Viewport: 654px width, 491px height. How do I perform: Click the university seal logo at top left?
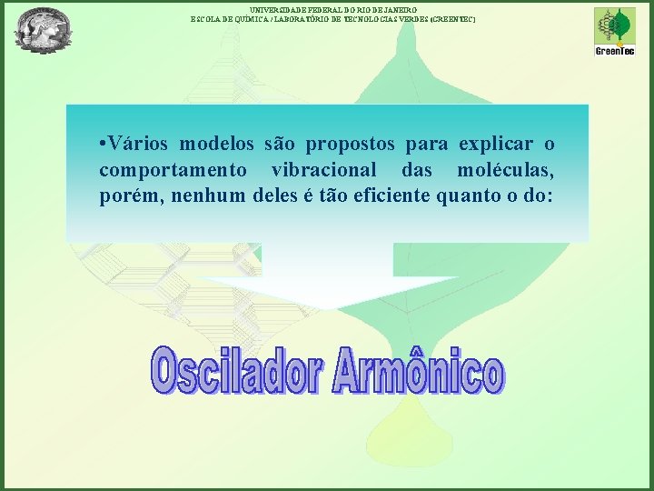pos(43,29)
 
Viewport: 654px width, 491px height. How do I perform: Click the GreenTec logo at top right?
pos(614,31)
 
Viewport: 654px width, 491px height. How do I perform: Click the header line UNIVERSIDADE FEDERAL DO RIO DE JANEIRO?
pos(332,8)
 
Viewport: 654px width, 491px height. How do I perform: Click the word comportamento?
pos(172,170)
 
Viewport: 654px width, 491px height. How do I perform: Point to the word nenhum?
pos(196,195)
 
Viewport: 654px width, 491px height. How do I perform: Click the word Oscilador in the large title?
pos(236,371)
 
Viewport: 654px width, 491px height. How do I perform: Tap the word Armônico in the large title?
pos(418,371)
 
